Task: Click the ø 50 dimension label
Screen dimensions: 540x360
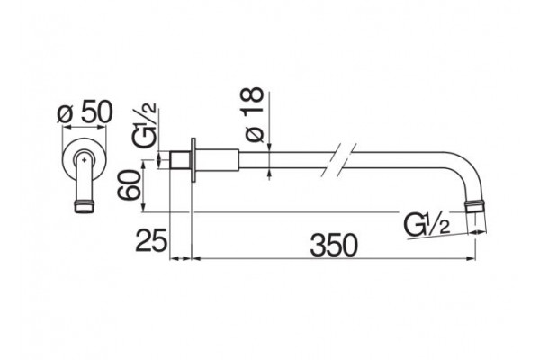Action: (x=85, y=112)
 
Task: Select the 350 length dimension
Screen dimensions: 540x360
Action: (x=334, y=245)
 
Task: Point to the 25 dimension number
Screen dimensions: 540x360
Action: (x=151, y=240)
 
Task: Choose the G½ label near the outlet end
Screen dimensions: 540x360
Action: (x=427, y=225)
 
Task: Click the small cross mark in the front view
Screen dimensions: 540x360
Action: (x=85, y=159)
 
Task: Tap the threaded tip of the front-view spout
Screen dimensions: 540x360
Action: (x=85, y=207)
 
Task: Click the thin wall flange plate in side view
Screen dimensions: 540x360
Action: (x=193, y=160)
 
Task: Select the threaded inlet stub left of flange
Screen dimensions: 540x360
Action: (x=181, y=160)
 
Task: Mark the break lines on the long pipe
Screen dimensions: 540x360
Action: (x=338, y=160)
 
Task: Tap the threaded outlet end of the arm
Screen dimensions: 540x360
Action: (x=475, y=208)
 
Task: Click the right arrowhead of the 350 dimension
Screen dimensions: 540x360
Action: (x=472, y=258)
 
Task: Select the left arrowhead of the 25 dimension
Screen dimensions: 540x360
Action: (x=175, y=258)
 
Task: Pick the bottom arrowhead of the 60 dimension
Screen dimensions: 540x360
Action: (x=143, y=208)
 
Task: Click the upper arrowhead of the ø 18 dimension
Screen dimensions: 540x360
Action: (x=269, y=147)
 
